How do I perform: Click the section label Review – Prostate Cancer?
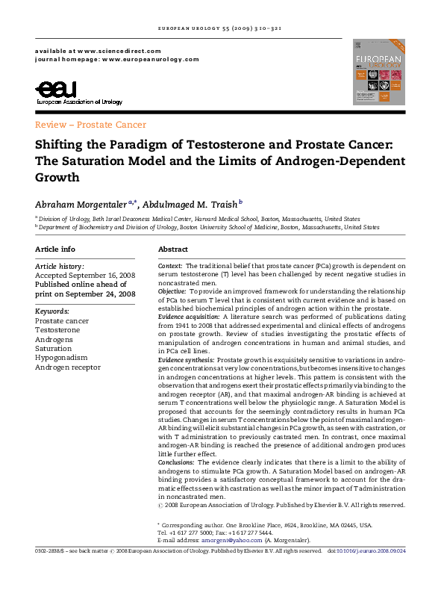90,125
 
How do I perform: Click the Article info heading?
54,249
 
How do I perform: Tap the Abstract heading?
172,249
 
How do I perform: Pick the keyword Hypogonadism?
61,357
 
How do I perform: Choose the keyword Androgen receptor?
68,367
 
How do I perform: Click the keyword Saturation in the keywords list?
54,348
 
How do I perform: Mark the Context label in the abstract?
170,266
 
